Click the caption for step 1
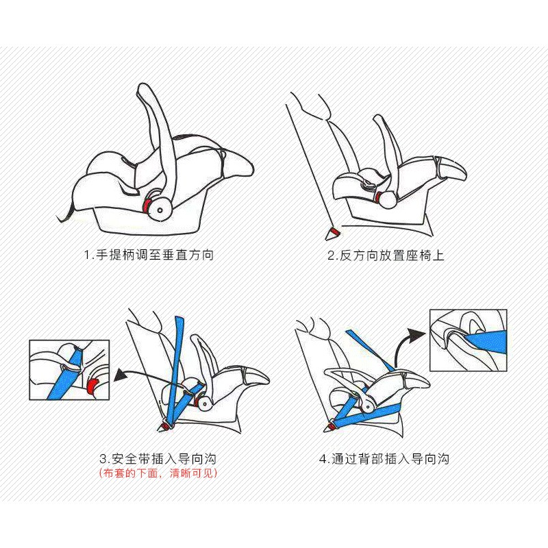click(149, 255)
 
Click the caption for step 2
click(386, 256)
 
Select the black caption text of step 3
click(158, 458)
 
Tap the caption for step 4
click(384, 458)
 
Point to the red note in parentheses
click(158, 473)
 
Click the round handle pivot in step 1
click(160, 210)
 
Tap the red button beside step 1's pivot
click(148, 206)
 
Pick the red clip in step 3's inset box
click(92, 385)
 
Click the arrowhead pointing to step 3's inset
click(121, 375)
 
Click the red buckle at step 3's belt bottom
click(165, 426)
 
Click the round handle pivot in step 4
click(368, 406)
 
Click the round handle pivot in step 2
click(388, 199)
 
